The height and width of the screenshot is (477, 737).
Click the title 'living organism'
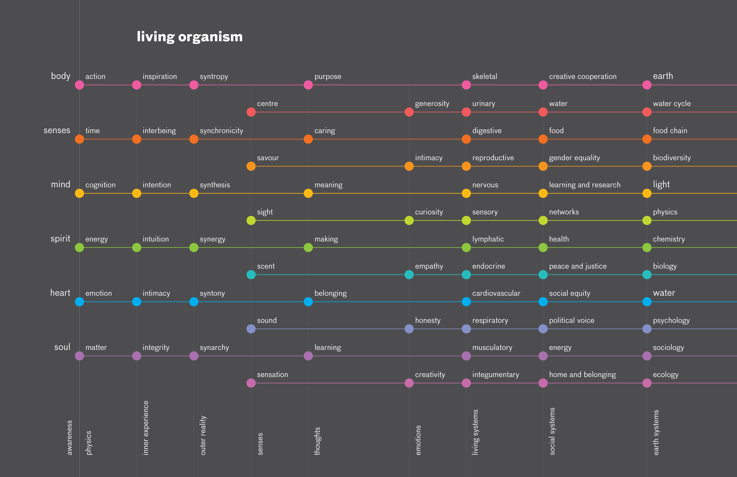point(189,37)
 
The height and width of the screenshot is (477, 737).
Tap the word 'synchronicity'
point(221,131)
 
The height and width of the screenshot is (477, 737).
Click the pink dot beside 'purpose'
point(308,85)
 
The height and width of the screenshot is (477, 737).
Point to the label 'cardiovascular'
point(496,293)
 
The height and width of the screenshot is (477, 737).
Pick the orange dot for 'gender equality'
point(543,166)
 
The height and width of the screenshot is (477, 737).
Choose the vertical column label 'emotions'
point(418,440)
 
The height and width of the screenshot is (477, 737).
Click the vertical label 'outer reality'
point(203,435)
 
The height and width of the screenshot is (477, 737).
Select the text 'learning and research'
point(585,185)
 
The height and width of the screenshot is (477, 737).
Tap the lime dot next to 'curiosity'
point(409,221)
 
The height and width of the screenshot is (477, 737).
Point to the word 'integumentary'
point(496,375)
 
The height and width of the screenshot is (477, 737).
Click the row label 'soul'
point(62,347)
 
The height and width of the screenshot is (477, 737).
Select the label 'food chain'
point(670,131)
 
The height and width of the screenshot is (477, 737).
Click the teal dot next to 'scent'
point(251,275)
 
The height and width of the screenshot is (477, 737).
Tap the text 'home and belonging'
point(582,375)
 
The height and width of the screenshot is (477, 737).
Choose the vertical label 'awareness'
point(69,437)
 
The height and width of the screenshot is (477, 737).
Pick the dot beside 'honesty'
point(409,329)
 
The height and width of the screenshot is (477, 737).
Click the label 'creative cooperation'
point(582,76)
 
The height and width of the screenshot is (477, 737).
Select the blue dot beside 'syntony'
point(193,302)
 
